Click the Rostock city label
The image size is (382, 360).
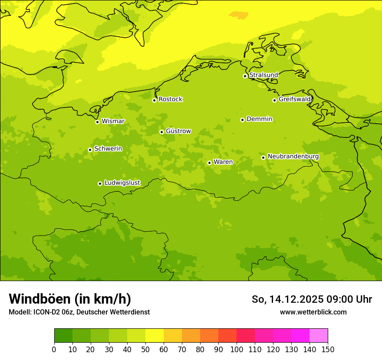170,99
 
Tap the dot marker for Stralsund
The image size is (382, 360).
245,76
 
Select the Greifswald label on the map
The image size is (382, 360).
294,99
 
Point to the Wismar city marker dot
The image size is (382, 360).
97,122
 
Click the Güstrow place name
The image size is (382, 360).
178,131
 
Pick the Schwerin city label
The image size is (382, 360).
108,149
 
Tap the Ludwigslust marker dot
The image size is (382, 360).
100,183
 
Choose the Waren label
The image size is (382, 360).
223,162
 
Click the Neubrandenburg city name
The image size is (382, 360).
293,157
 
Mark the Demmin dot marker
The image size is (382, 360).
242,120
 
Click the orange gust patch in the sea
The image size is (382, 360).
238,15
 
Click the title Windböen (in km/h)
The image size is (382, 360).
70,299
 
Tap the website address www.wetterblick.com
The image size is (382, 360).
313,312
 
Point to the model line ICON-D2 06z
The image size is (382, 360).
79,312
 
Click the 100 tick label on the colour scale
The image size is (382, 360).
237,350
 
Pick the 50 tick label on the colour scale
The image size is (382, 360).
145,350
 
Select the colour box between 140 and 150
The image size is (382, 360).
319,336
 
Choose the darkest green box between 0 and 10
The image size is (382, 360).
63,336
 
